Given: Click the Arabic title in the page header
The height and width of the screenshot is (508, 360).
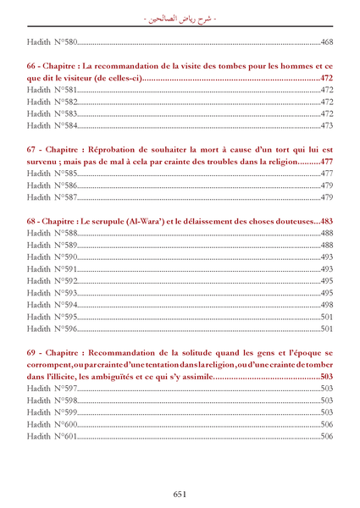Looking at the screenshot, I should pos(179,16).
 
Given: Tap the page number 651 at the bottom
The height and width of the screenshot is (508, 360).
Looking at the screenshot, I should pos(180,494).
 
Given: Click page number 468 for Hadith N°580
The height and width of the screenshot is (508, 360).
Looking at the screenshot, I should pos(326,41).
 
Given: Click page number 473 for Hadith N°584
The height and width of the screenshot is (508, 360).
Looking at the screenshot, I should pos(326,125).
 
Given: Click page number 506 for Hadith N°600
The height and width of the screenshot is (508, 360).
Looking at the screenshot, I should pos(326,424).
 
